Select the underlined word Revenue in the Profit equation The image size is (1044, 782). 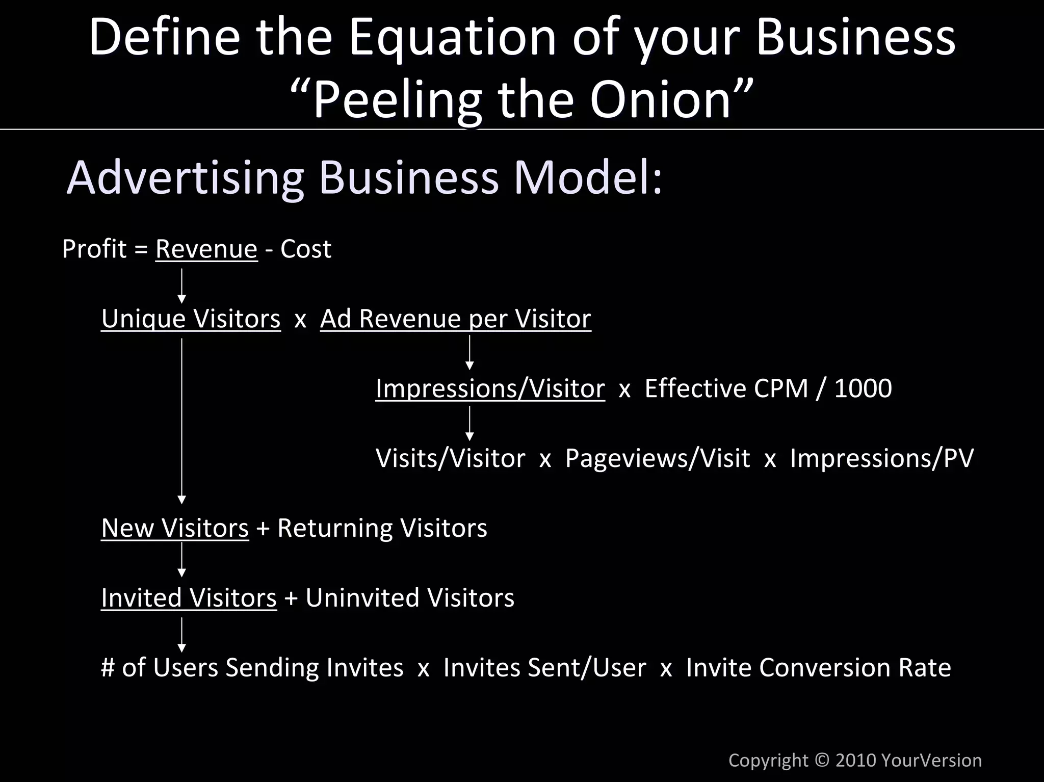tap(206, 249)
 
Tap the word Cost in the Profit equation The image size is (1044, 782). tap(306, 249)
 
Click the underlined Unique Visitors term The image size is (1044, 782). tap(191, 319)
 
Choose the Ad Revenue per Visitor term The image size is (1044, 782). tap(455, 319)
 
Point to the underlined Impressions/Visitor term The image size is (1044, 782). tap(490, 388)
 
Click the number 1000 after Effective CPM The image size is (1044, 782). tap(863, 388)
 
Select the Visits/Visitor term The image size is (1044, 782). tap(450, 458)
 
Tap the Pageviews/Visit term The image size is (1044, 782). tap(658, 458)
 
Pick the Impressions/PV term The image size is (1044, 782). tap(881, 458)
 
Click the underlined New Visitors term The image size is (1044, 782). tap(175, 528)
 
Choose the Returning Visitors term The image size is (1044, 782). tap(382, 528)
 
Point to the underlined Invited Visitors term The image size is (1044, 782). tap(189, 598)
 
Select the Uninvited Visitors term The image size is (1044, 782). tap(409, 598)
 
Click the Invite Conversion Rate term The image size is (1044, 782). tap(818, 668)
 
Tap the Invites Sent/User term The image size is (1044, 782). tap(544, 668)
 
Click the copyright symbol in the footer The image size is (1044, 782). tap(822, 760)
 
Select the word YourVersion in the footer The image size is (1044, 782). tap(931, 760)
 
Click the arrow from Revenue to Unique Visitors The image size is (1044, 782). tap(182, 285)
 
